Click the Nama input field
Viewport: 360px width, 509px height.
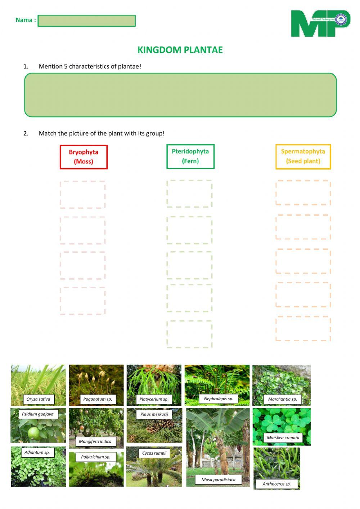pyautogui.click(x=86, y=21)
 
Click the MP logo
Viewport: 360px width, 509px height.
pyautogui.click(x=320, y=23)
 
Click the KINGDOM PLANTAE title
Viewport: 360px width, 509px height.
pyautogui.click(x=180, y=50)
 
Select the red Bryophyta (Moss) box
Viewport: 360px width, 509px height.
pyautogui.click(x=84, y=157)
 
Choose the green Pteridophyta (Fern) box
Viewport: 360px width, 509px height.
pyautogui.click(x=190, y=156)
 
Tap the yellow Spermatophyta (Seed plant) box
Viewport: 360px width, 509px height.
pyautogui.click(x=303, y=157)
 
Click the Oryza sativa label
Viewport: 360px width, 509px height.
pyautogui.click(x=39, y=399)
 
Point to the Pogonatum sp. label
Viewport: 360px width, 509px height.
pyautogui.click(x=98, y=399)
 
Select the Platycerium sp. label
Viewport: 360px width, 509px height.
pyautogui.click(x=154, y=399)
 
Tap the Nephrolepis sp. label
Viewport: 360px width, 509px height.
pyautogui.click(x=219, y=399)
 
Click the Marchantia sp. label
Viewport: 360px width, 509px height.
pyautogui.click(x=283, y=399)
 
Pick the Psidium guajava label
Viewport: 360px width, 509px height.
pyautogui.click(x=38, y=414)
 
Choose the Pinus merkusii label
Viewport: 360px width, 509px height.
pyautogui.click(x=154, y=414)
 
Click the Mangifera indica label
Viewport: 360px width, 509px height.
pyautogui.click(x=95, y=442)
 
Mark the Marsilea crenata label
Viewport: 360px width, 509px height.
pyautogui.click(x=283, y=438)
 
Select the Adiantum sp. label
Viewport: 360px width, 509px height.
pyautogui.click(x=37, y=452)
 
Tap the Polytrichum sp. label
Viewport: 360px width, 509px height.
pyautogui.click(x=95, y=457)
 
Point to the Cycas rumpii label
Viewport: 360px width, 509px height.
pyautogui.click(x=154, y=453)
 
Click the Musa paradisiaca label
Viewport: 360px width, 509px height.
pyautogui.click(x=219, y=480)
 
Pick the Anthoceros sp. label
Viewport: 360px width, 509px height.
pyautogui.click(x=276, y=484)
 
